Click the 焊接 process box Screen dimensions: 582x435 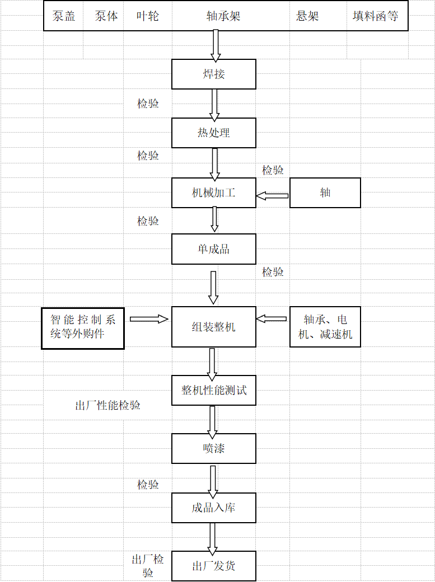click(213, 74)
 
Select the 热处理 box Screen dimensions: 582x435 click(213, 133)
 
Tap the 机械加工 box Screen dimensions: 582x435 click(213, 193)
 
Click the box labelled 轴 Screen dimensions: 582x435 click(325, 193)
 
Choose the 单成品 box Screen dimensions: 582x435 click(213, 249)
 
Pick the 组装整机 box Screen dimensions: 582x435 click(213, 327)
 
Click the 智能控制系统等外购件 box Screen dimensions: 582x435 click(83, 327)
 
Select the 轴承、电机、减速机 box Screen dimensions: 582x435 click(325, 327)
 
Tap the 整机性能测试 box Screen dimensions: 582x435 click(213, 390)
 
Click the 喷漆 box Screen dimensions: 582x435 click(213, 448)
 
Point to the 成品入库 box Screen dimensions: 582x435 click(213, 508)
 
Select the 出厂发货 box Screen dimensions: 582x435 click(213, 566)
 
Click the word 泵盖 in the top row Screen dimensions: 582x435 click(64, 16)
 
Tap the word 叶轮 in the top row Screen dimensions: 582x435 click(148, 16)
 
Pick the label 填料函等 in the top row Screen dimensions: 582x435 click(376, 16)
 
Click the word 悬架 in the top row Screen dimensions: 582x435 click(307, 16)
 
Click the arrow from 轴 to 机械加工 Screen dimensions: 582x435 click(273, 195)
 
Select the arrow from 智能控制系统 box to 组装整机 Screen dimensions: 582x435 click(149, 319)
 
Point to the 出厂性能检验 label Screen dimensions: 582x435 click(108, 405)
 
